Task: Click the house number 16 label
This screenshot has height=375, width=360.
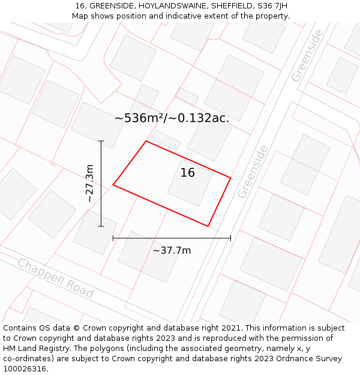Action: point(187,173)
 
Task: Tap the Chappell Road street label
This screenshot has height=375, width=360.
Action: point(55,278)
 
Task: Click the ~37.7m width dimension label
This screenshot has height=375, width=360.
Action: point(172,250)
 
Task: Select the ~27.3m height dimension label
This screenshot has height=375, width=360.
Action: point(89,183)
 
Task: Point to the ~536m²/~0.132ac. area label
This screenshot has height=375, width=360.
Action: point(172,118)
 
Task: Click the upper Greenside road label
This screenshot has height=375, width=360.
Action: point(307,56)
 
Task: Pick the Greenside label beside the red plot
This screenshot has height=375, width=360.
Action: point(252,172)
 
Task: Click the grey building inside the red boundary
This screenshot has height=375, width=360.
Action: point(190,183)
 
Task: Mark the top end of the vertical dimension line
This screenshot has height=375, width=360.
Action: point(101,141)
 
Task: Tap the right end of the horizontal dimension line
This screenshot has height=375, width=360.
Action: point(230,238)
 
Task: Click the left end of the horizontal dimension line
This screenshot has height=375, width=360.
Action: point(113,238)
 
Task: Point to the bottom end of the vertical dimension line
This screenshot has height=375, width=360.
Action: point(101,226)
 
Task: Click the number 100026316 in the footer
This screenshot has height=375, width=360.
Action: point(26,369)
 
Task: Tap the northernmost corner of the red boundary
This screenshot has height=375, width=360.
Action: point(146,141)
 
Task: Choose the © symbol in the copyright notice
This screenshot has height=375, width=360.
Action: point(76,328)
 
